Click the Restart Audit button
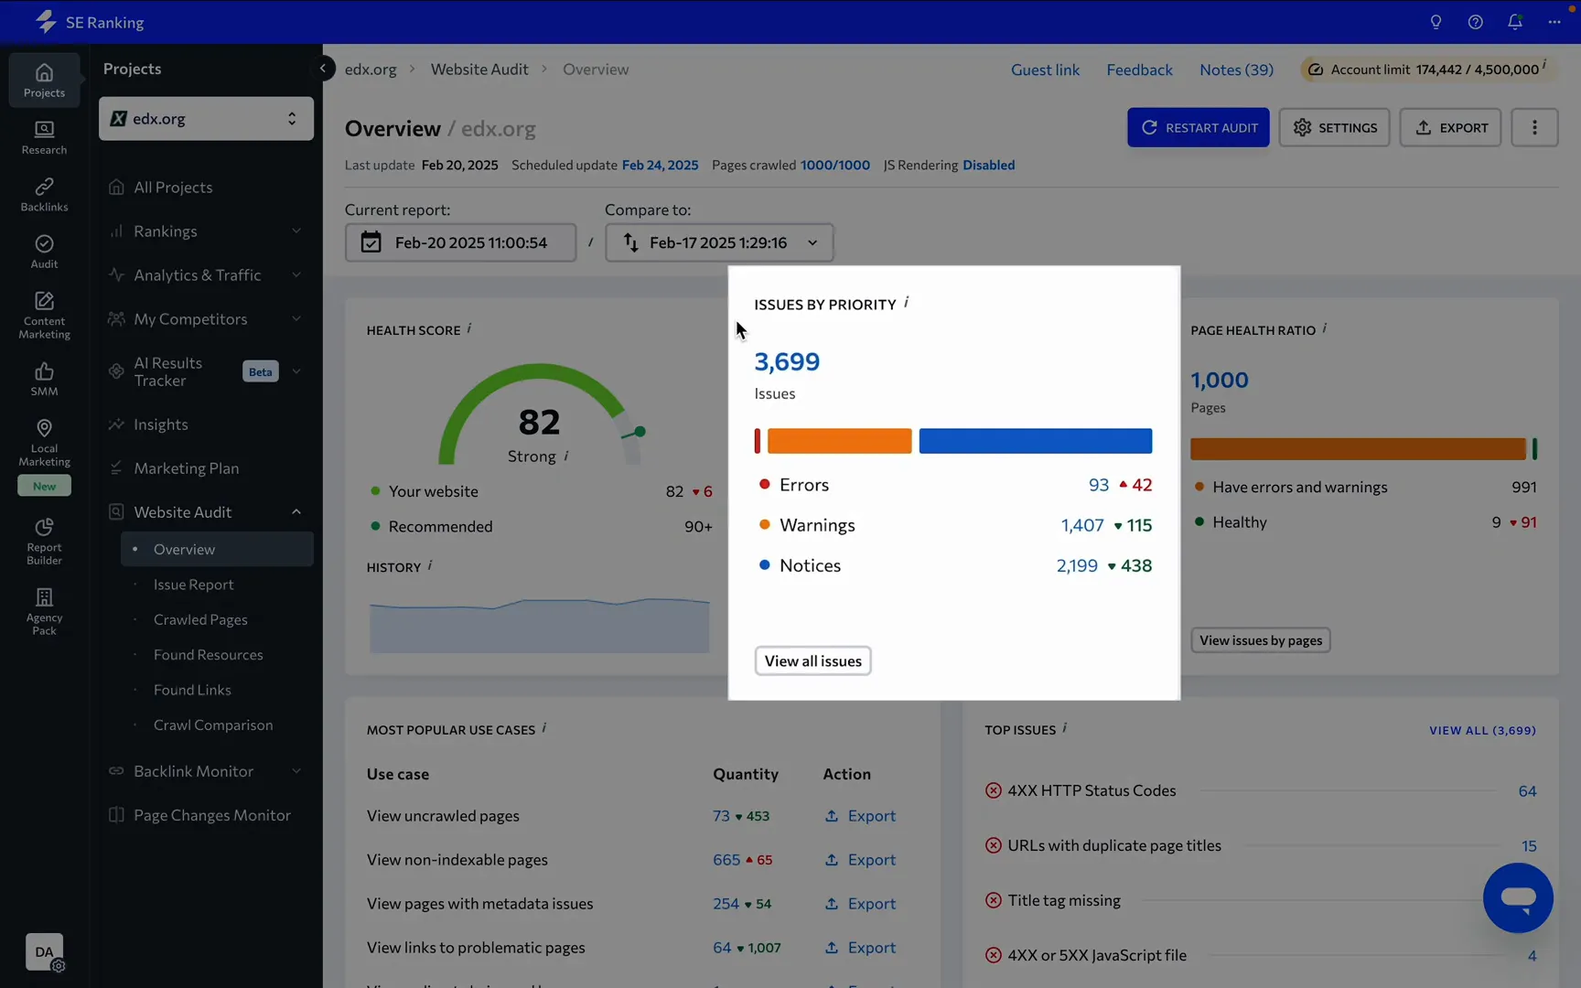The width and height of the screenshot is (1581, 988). click(x=1198, y=128)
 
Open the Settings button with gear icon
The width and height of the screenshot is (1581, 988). click(x=1334, y=128)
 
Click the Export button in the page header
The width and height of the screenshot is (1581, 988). click(x=1450, y=128)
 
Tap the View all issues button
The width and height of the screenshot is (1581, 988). click(x=812, y=660)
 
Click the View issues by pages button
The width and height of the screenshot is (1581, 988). click(x=1260, y=640)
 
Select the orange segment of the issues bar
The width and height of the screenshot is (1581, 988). click(x=839, y=441)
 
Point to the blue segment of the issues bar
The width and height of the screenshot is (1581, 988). click(x=1035, y=441)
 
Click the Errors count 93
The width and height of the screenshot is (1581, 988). click(x=1098, y=485)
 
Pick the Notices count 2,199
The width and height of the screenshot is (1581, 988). click(x=1076, y=565)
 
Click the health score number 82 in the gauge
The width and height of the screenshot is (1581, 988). click(x=539, y=422)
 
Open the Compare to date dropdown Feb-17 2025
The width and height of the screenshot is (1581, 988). click(x=719, y=242)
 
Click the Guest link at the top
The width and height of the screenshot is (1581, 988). click(x=1045, y=70)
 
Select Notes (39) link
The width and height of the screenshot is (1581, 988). click(x=1236, y=70)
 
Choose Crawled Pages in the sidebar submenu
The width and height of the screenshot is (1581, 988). click(x=200, y=619)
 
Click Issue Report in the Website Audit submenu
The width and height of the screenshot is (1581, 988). click(x=193, y=585)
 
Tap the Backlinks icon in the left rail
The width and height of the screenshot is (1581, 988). click(x=44, y=194)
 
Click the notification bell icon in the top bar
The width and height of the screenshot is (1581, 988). click(x=1514, y=22)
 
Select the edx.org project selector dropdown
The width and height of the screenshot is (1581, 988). click(x=206, y=119)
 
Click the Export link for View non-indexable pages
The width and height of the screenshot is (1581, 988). click(x=860, y=860)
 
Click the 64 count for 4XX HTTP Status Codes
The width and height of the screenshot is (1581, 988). click(x=1527, y=791)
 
